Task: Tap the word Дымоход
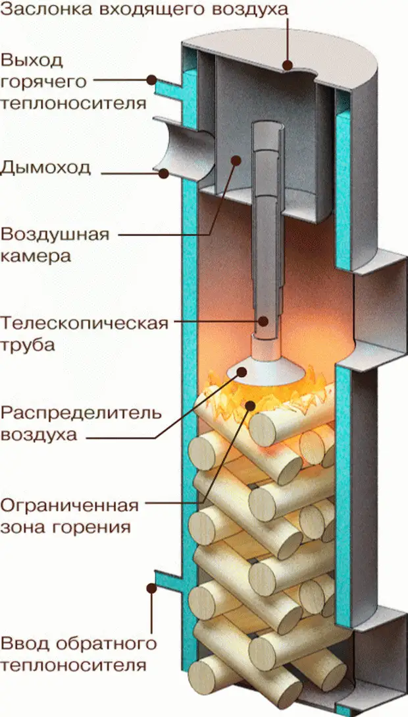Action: click(45, 167)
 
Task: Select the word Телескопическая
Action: click(85, 324)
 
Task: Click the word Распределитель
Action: click(80, 414)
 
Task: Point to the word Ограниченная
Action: click(70, 506)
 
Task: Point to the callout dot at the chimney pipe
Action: click(163, 173)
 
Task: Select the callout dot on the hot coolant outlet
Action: click(151, 80)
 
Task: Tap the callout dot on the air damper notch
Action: click(288, 65)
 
